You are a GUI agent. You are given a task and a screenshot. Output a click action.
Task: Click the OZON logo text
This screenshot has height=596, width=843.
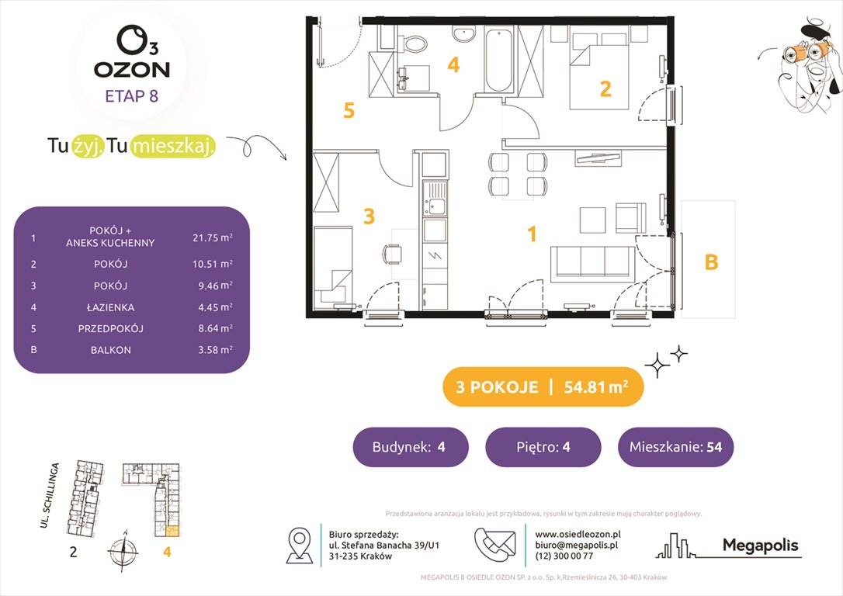pos(132,68)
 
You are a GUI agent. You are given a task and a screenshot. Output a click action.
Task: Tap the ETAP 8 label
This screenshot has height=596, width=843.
pos(133,97)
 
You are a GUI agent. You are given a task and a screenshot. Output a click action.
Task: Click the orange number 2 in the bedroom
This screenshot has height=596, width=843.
pos(605,89)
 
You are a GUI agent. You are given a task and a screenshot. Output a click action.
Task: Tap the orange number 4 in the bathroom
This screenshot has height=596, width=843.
pos(453,66)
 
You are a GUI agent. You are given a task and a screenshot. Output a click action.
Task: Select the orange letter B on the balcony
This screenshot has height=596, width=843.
pos(711,263)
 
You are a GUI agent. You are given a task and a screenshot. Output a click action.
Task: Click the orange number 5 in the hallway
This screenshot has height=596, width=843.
pos(349,112)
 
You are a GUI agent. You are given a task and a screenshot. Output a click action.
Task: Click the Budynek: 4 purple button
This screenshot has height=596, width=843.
pos(411,447)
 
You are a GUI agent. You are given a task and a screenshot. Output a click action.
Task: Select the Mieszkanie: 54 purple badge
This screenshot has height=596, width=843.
pos(675,447)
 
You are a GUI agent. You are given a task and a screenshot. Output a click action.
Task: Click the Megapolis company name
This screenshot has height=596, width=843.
pos(760,546)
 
